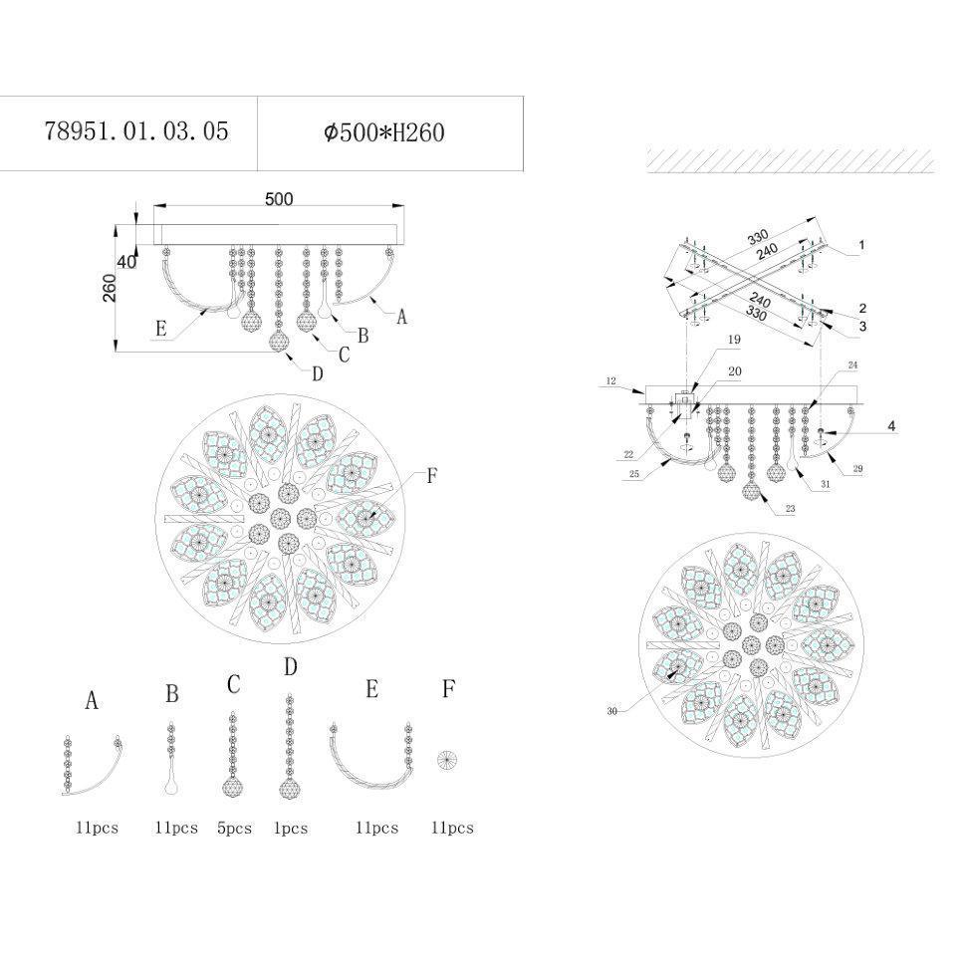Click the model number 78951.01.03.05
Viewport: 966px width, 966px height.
pos(136,131)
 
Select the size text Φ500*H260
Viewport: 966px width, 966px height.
pos(383,132)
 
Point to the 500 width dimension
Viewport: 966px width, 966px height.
pos(279,199)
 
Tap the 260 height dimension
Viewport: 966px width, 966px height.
pos(109,287)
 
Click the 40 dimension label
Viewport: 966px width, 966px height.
pos(126,262)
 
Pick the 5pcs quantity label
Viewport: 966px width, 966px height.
pos(234,829)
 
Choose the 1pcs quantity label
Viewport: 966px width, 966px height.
pos(290,829)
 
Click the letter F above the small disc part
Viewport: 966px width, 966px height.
pos(448,688)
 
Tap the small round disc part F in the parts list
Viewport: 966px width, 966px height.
pos(447,760)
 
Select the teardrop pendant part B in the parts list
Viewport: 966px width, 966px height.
pos(172,759)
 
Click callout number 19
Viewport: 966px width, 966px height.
pos(734,340)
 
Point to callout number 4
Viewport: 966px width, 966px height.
pos(891,425)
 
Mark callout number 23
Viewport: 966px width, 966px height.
pos(791,509)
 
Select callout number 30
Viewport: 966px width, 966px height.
pos(611,711)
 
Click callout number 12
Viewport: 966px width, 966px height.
pos(610,381)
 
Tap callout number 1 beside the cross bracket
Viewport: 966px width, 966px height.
pos(861,245)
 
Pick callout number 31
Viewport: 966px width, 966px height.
pos(826,484)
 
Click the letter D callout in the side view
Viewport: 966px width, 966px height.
pos(318,374)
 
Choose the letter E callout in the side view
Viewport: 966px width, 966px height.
pos(161,329)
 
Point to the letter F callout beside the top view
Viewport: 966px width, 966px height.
pos(432,476)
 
